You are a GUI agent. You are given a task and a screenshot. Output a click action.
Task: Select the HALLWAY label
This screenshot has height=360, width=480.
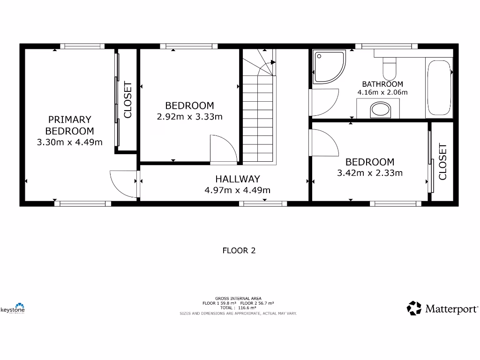tap(237, 179)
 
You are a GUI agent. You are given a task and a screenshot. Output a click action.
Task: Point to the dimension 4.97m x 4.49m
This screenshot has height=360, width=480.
tap(237, 190)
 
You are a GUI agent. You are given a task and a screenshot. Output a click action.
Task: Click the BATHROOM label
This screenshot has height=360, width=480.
tap(382, 84)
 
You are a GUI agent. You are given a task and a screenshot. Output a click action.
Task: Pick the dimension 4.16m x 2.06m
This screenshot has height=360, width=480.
tap(382, 92)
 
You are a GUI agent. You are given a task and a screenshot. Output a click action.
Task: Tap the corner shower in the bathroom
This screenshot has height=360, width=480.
tap(329, 67)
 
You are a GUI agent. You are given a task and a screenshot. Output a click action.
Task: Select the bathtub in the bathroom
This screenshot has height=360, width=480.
tap(439, 88)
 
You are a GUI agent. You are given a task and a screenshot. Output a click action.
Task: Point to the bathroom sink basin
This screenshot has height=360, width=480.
tap(381, 111)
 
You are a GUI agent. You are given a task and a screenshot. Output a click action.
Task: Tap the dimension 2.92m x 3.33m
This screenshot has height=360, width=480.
tap(189, 117)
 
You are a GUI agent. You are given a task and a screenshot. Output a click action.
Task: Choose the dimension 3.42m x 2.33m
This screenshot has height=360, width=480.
tap(370, 173)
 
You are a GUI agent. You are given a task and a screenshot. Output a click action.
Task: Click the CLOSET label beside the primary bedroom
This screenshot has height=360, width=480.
tap(127, 100)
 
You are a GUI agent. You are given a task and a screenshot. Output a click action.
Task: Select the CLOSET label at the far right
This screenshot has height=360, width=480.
tap(442, 162)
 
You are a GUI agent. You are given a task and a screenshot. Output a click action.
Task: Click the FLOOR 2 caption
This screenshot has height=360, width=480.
tap(239, 250)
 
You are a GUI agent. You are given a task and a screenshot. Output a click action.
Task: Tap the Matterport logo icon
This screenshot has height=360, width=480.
tap(414, 308)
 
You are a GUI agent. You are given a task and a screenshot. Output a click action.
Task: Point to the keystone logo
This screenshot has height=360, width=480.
tap(13, 308)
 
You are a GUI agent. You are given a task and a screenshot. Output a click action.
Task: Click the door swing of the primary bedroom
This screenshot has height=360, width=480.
tap(124, 183)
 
